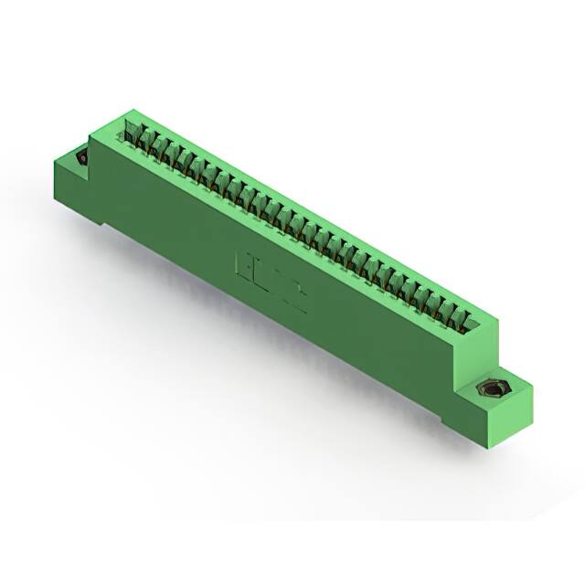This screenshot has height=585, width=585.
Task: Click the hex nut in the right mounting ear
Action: pos(493,391)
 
